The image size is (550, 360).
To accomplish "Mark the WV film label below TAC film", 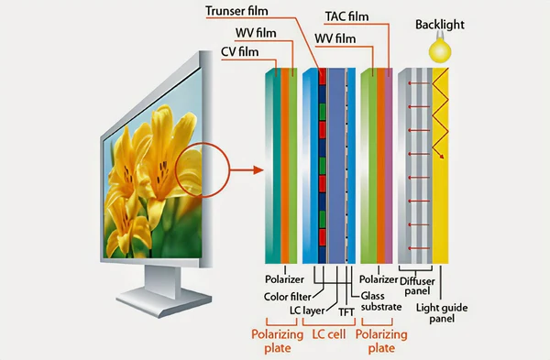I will (x=335, y=38).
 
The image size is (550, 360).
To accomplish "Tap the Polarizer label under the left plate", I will (x=284, y=278).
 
